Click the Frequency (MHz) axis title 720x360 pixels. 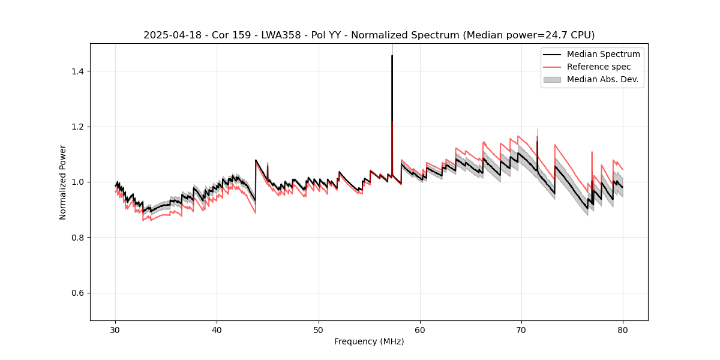(x=369, y=341)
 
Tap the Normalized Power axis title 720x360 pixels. (x=63, y=182)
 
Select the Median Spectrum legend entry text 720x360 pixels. (x=603, y=54)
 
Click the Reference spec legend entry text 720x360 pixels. (x=599, y=67)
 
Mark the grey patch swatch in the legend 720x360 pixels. (x=552, y=79)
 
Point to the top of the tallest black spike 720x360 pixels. (x=392, y=56)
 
